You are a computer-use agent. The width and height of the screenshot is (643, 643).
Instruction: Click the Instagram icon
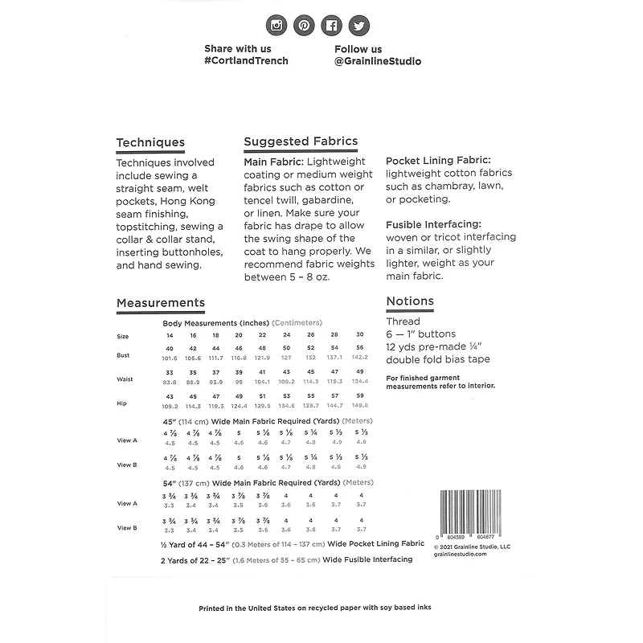pos(277,25)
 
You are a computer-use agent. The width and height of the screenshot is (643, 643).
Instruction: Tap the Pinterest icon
pos(304,25)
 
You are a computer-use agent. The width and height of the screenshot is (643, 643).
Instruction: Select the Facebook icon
pos(330,25)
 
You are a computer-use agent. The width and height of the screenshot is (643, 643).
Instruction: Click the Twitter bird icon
pos(357,25)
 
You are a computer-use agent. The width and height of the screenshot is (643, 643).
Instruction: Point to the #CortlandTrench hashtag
pos(246,61)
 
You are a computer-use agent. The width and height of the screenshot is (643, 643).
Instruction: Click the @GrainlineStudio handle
pos(378,61)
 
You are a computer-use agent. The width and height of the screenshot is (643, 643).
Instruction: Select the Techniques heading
pos(150,142)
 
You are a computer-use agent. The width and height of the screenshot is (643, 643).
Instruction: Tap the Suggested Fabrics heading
pos(301,141)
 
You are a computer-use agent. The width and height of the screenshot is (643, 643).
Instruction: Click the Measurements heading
pos(160,303)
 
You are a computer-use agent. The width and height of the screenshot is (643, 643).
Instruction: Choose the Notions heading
pos(410,301)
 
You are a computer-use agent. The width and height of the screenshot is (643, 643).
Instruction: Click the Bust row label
pos(124,354)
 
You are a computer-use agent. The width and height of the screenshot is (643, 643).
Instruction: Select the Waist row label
pos(125,379)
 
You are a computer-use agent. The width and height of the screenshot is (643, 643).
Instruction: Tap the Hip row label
pos(122,403)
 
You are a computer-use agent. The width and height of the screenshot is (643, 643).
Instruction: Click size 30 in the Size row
pos(359,334)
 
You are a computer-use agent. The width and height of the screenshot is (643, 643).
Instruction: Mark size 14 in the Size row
pos(170,334)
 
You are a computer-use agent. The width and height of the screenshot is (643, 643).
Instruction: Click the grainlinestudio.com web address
pos(460,554)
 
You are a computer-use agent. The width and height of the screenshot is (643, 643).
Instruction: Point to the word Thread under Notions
pos(403,321)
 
